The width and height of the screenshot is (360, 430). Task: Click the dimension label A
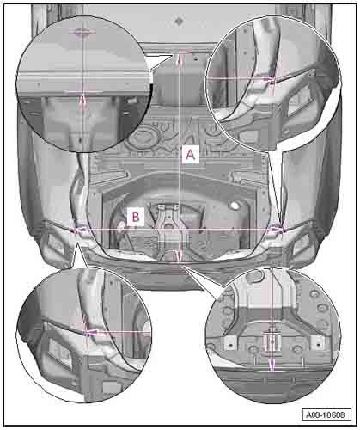[191, 155]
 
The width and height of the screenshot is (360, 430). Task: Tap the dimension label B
[136, 217]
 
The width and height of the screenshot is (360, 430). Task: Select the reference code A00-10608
[326, 415]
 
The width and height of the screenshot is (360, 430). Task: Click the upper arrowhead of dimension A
[180, 58]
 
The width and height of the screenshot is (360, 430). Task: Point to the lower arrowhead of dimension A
[180, 256]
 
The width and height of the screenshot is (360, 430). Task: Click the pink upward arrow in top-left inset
[82, 102]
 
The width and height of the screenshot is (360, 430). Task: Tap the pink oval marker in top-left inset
[82, 31]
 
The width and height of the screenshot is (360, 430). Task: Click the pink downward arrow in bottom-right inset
[272, 365]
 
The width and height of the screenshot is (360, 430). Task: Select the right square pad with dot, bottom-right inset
[318, 341]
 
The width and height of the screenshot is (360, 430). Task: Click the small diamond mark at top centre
[179, 21]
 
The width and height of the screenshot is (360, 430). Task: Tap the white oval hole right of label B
[235, 206]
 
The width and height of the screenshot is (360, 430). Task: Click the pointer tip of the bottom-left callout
[76, 242]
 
